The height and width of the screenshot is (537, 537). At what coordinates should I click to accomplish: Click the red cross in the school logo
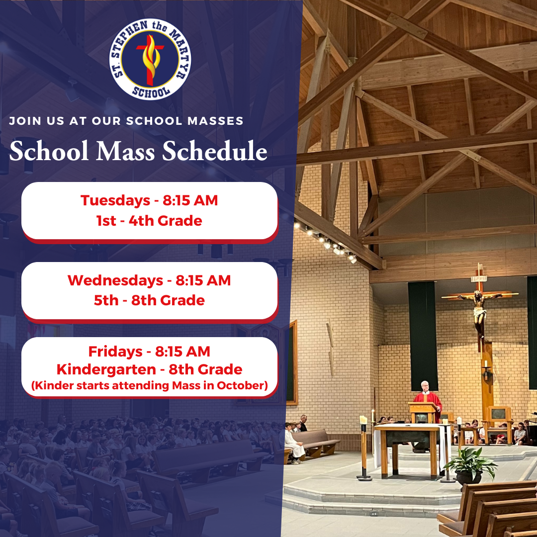click(150, 60)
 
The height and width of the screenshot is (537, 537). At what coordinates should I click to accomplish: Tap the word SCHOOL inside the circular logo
click(151, 92)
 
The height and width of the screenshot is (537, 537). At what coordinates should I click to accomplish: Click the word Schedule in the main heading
click(214, 151)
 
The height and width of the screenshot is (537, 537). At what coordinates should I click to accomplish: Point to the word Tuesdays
click(115, 200)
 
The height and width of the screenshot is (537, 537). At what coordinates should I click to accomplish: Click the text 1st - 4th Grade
click(149, 221)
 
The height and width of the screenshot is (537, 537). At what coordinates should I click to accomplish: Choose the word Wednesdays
click(115, 280)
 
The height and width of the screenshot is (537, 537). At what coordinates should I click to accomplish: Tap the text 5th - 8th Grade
click(149, 300)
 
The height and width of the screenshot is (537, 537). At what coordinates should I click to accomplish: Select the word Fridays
click(115, 352)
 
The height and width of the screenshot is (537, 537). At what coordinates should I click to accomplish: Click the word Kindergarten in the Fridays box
click(106, 369)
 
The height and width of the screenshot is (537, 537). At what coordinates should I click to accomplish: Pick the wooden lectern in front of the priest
click(424, 412)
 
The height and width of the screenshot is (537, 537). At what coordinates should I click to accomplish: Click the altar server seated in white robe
click(293, 443)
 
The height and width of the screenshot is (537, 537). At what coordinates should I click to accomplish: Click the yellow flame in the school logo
click(151, 56)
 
